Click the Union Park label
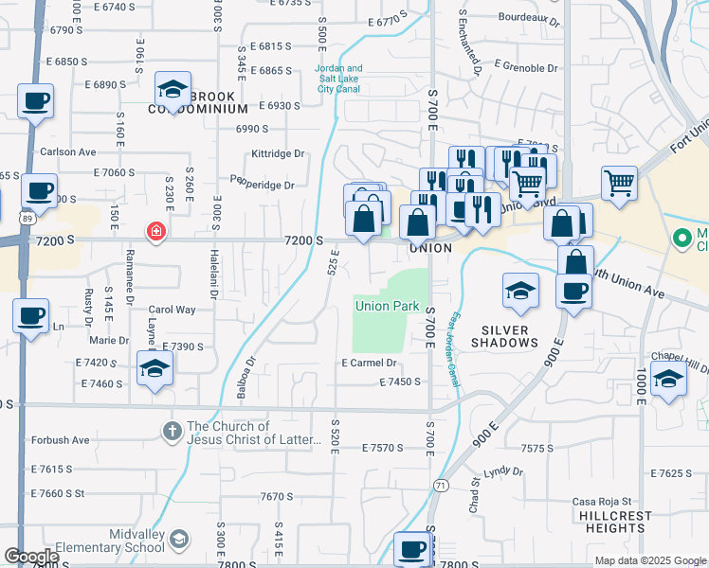click(x=387, y=306)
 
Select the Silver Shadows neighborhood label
click(x=510, y=336)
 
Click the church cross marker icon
click(x=172, y=432)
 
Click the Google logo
click(x=31, y=557)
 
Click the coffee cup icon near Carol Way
click(x=30, y=314)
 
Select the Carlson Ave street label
click(x=67, y=151)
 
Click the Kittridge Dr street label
click(x=278, y=153)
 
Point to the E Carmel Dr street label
click(x=368, y=363)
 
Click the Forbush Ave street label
click(x=60, y=439)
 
